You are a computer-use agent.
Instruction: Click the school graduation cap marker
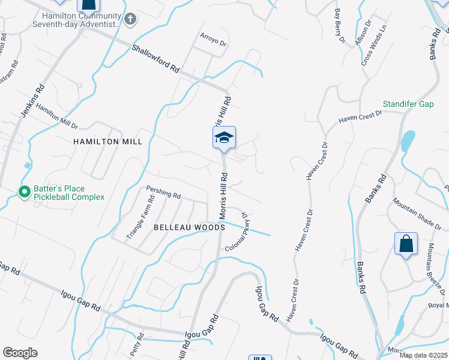(224, 138)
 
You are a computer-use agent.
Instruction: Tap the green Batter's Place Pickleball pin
(25, 192)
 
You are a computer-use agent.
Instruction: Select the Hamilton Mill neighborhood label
(108, 142)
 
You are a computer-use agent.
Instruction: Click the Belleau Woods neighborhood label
(189, 227)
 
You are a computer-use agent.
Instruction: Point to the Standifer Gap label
(409, 104)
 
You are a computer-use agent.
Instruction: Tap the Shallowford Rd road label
(155, 59)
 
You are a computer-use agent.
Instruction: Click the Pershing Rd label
(163, 195)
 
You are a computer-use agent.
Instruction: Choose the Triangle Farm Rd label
(140, 218)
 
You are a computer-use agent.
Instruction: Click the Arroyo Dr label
(213, 43)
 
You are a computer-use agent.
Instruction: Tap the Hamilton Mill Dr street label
(56, 116)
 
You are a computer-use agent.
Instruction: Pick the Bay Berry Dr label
(340, 26)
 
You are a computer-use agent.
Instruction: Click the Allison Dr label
(363, 31)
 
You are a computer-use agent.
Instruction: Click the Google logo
(20, 353)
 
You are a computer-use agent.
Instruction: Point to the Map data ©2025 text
(423, 355)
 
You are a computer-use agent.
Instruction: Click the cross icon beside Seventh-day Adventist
(131, 19)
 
